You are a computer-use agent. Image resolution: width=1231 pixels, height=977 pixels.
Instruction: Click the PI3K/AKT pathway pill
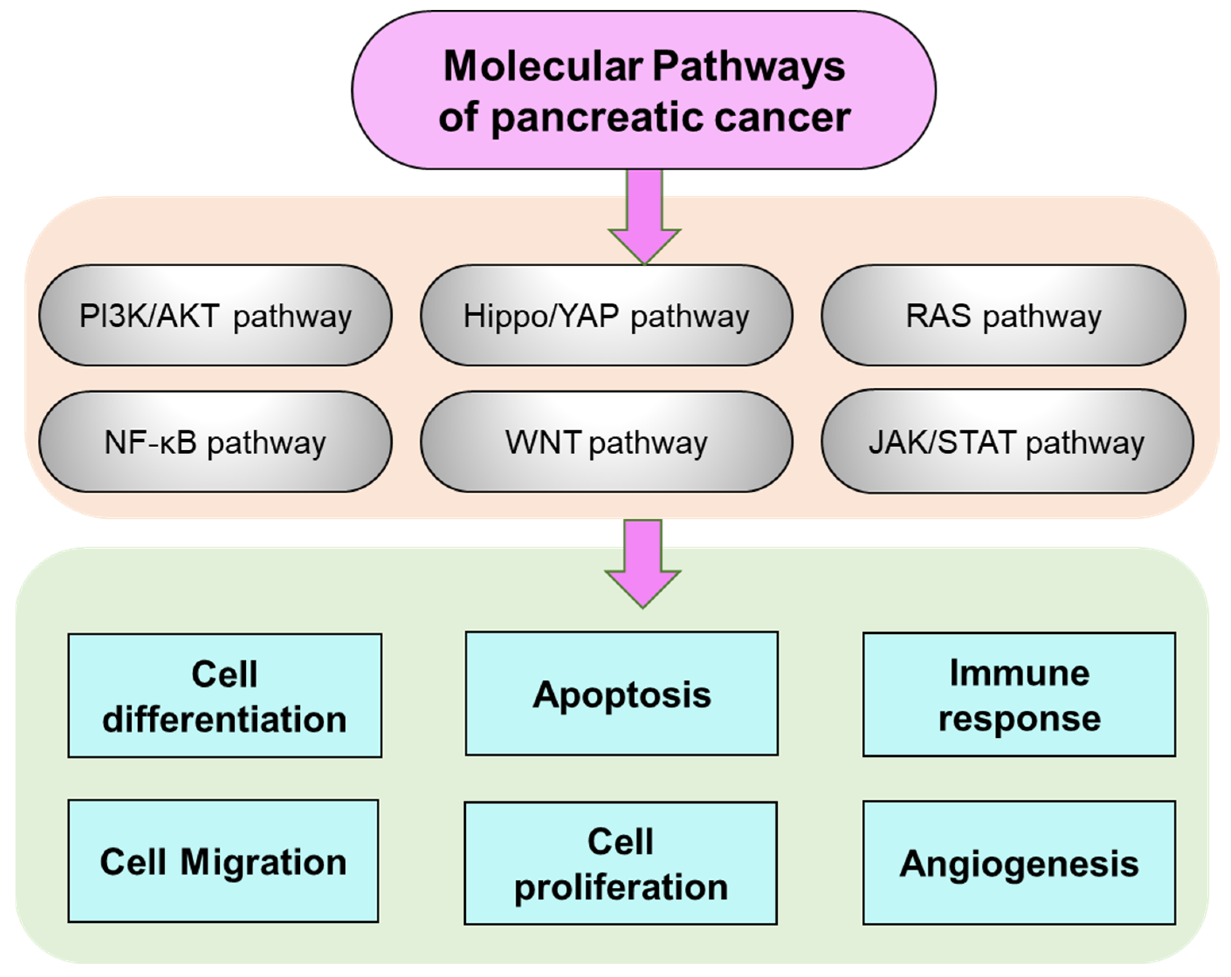[x=215, y=315]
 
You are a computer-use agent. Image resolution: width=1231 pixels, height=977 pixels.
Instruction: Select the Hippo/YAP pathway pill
[x=606, y=315]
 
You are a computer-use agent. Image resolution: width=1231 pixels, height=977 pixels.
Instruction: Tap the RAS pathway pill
[x=1003, y=315]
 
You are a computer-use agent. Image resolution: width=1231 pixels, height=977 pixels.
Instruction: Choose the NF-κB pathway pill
[x=215, y=442]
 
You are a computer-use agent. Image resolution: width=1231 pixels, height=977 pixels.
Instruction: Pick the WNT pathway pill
[x=606, y=442]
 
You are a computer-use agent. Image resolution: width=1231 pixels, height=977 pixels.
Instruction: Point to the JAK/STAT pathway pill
[x=1007, y=441]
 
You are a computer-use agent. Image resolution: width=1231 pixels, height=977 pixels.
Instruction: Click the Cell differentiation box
[x=225, y=696]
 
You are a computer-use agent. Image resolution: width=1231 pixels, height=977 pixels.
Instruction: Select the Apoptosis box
[x=622, y=693]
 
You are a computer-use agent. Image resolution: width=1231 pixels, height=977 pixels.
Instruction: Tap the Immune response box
[x=1019, y=694]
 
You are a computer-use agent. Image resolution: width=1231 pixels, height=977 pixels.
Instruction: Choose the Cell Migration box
[x=223, y=861]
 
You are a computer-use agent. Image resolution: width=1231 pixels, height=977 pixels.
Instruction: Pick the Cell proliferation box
[x=620, y=863]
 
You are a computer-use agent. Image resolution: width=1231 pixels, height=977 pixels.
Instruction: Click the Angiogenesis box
[x=1019, y=862]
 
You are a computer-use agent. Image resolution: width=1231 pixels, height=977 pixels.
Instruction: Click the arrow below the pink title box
[x=645, y=217]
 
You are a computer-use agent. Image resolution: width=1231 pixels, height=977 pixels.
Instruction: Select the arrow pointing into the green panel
[x=643, y=564]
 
